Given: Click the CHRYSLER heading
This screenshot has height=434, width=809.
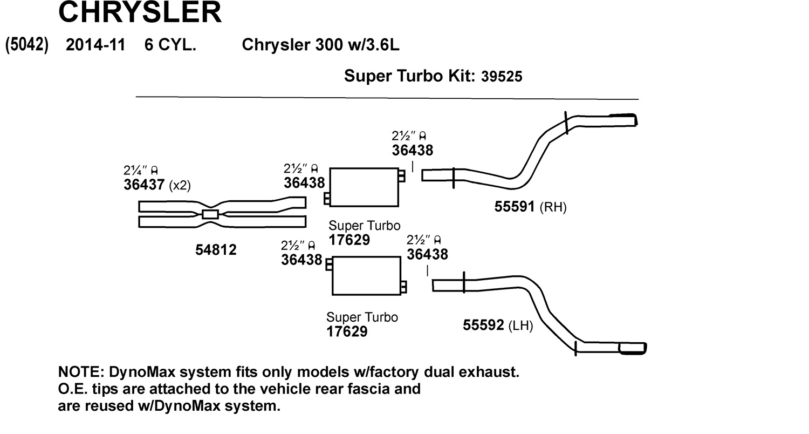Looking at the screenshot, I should [140, 12].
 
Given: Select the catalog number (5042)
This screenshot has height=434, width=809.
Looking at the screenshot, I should [27, 45].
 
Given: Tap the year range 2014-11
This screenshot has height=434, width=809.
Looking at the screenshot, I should [95, 45].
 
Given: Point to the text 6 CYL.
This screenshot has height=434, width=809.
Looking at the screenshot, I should [170, 45].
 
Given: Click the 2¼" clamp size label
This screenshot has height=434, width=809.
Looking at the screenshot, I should [136, 171].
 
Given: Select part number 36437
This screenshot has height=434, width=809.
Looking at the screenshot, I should [143, 185].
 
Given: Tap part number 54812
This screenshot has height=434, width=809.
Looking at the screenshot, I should [216, 250].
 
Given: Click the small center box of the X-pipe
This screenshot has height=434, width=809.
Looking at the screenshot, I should [210, 214].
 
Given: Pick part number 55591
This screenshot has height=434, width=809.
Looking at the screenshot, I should [515, 206].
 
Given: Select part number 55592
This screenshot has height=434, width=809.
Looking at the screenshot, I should [483, 325].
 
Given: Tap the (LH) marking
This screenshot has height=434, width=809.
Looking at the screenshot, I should [520, 325].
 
